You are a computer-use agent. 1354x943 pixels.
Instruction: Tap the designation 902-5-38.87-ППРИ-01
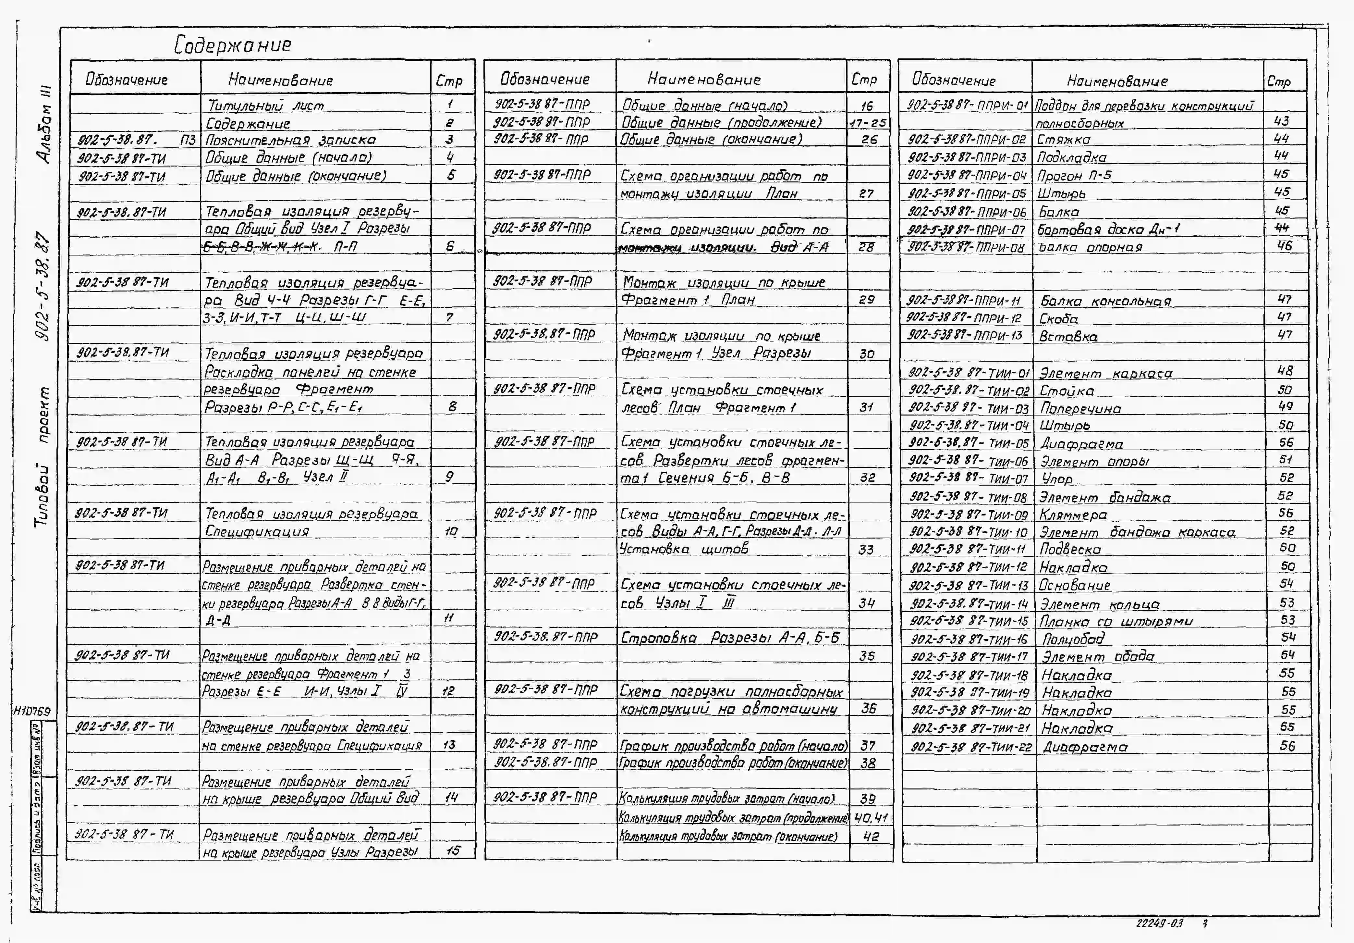(x=968, y=105)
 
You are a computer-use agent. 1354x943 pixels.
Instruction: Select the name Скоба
(x=1058, y=319)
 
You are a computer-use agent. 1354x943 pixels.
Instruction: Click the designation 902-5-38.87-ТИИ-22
(x=971, y=747)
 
